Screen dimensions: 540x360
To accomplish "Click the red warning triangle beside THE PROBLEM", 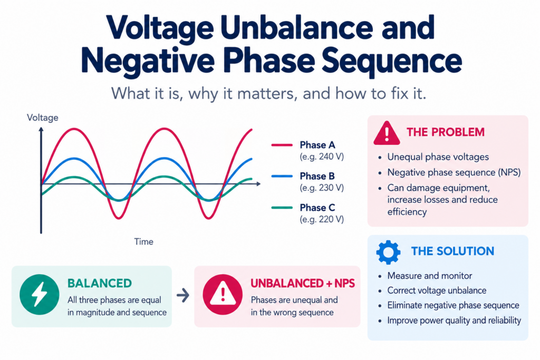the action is click(x=387, y=133).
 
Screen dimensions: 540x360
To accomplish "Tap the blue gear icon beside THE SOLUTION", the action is click(x=388, y=252).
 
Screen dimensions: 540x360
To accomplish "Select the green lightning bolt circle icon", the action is click(x=39, y=295).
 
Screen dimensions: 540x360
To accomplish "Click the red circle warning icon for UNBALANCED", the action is click(x=223, y=295).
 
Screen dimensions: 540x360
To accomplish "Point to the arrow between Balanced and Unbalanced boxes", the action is click(x=183, y=295).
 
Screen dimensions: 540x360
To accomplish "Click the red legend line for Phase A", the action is click(x=282, y=145).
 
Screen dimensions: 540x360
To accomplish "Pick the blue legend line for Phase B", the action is click(x=282, y=176).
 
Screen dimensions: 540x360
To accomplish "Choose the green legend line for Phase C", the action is click(x=282, y=208).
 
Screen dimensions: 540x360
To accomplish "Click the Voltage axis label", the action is click(x=42, y=118).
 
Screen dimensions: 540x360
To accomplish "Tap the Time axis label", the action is click(x=143, y=241).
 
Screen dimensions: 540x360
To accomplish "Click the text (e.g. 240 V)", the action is click(x=322, y=157).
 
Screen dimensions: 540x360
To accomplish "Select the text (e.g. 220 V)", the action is click(x=322, y=219).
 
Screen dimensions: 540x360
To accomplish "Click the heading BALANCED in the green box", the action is click(x=100, y=283).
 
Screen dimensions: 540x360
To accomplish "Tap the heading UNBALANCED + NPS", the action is click(x=303, y=283).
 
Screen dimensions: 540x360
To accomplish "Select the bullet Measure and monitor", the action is click(x=429, y=276).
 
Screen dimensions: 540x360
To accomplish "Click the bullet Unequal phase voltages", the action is click(x=438, y=157).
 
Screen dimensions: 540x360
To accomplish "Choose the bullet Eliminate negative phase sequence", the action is click(x=453, y=305).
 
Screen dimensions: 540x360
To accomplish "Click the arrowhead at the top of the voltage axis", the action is click(x=41, y=130).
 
